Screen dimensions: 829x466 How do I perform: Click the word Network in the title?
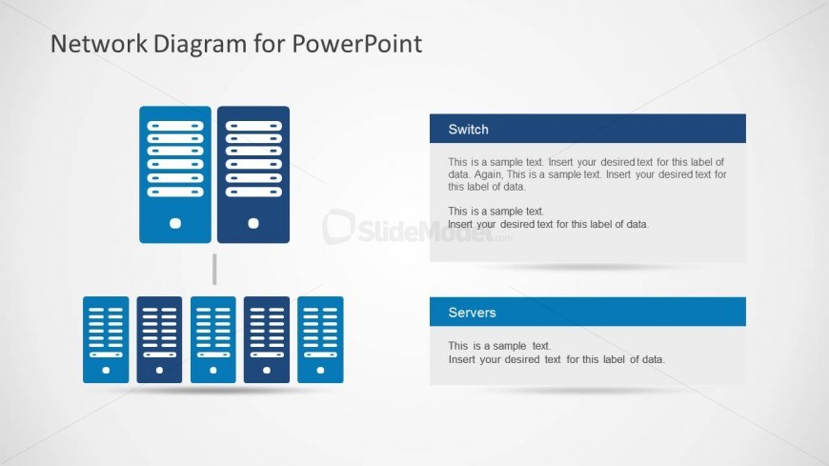pos(99,44)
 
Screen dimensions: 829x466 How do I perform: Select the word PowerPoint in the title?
pos(357,44)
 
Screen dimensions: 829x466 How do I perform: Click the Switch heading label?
pos(469,129)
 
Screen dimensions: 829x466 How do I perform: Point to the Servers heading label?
pos(472,312)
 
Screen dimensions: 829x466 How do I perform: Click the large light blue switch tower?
pos(175,174)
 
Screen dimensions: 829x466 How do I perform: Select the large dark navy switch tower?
pos(253,174)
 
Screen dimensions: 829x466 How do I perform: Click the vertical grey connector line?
pos(214,270)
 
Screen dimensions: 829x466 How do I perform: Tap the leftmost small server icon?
pos(106,339)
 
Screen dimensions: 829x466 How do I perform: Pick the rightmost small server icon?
pos(320,339)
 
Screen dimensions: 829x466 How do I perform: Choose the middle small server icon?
pos(213,339)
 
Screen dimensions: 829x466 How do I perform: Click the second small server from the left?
pos(159,339)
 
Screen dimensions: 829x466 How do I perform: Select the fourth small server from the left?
pos(267,339)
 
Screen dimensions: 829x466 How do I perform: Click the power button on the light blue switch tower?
pos(175,223)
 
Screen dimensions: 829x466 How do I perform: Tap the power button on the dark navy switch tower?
pos(253,223)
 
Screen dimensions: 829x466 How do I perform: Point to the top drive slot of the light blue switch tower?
pos(175,126)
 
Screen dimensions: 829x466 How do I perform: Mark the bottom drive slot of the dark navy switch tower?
pos(253,192)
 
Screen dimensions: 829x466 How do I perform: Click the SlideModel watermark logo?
pos(417,228)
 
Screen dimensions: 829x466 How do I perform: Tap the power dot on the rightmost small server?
pos(320,371)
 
